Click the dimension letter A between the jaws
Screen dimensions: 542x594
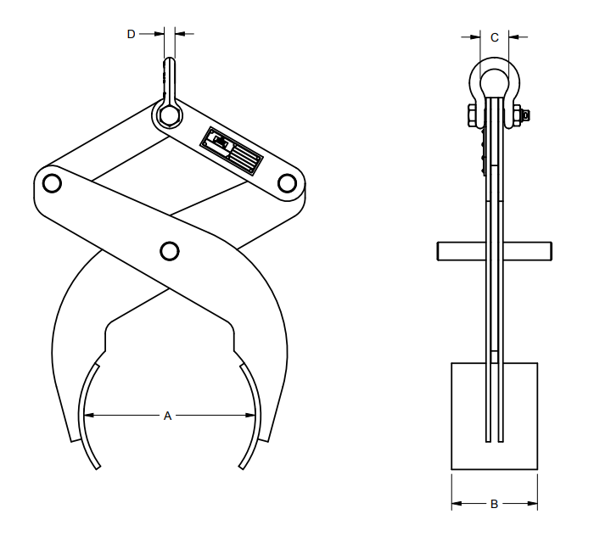tap(167, 416)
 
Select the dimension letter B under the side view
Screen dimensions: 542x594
tap(495, 505)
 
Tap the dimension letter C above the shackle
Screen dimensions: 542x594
tap(495, 36)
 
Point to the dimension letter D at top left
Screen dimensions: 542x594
tap(132, 34)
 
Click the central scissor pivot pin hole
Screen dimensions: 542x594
tap(169, 251)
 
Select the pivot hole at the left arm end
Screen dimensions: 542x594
tap(50, 182)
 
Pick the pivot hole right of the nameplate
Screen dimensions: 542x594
tap(286, 182)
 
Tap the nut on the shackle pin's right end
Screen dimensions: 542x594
tap(526, 115)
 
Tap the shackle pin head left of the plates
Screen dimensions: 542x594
tap(469, 115)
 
